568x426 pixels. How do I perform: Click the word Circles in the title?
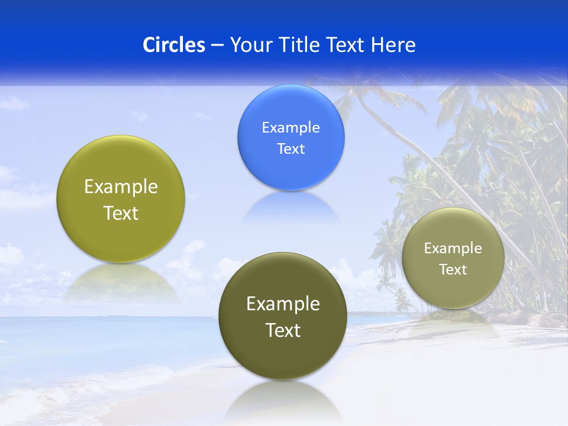coord(174,45)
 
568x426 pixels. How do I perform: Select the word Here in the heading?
coord(393,45)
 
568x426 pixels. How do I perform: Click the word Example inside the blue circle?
coord(291,128)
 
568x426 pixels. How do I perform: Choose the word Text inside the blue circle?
coord(291,149)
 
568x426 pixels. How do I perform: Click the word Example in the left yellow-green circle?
coord(121,187)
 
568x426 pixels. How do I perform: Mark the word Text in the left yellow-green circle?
coord(121,213)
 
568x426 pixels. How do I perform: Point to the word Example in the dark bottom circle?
coord(283,304)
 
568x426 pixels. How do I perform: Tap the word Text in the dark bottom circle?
coord(283,330)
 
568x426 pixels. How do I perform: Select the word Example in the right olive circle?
coord(453,248)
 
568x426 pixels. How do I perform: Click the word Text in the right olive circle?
coord(453,270)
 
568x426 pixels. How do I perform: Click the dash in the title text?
coord(217,46)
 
